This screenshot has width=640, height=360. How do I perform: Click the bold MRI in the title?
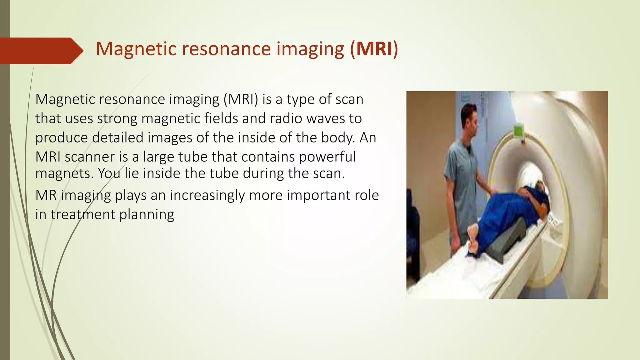[x=374, y=49]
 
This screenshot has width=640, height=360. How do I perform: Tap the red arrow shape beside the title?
[x=41, y=51]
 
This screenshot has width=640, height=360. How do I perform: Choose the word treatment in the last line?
[x=83, y=215]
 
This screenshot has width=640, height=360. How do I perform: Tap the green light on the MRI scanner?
[x=518, y=130]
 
